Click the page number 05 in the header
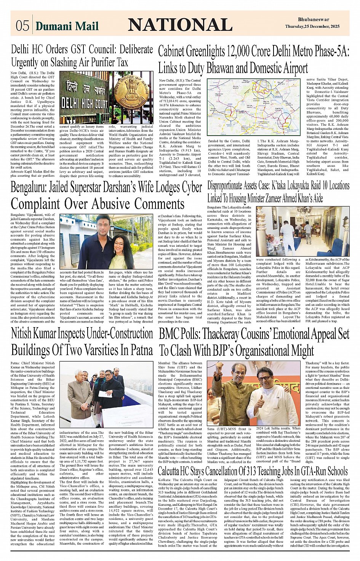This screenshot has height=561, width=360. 22,26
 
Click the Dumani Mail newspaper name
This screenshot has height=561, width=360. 67,26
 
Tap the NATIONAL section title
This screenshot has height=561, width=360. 180,25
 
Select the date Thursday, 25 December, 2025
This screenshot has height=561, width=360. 312,26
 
